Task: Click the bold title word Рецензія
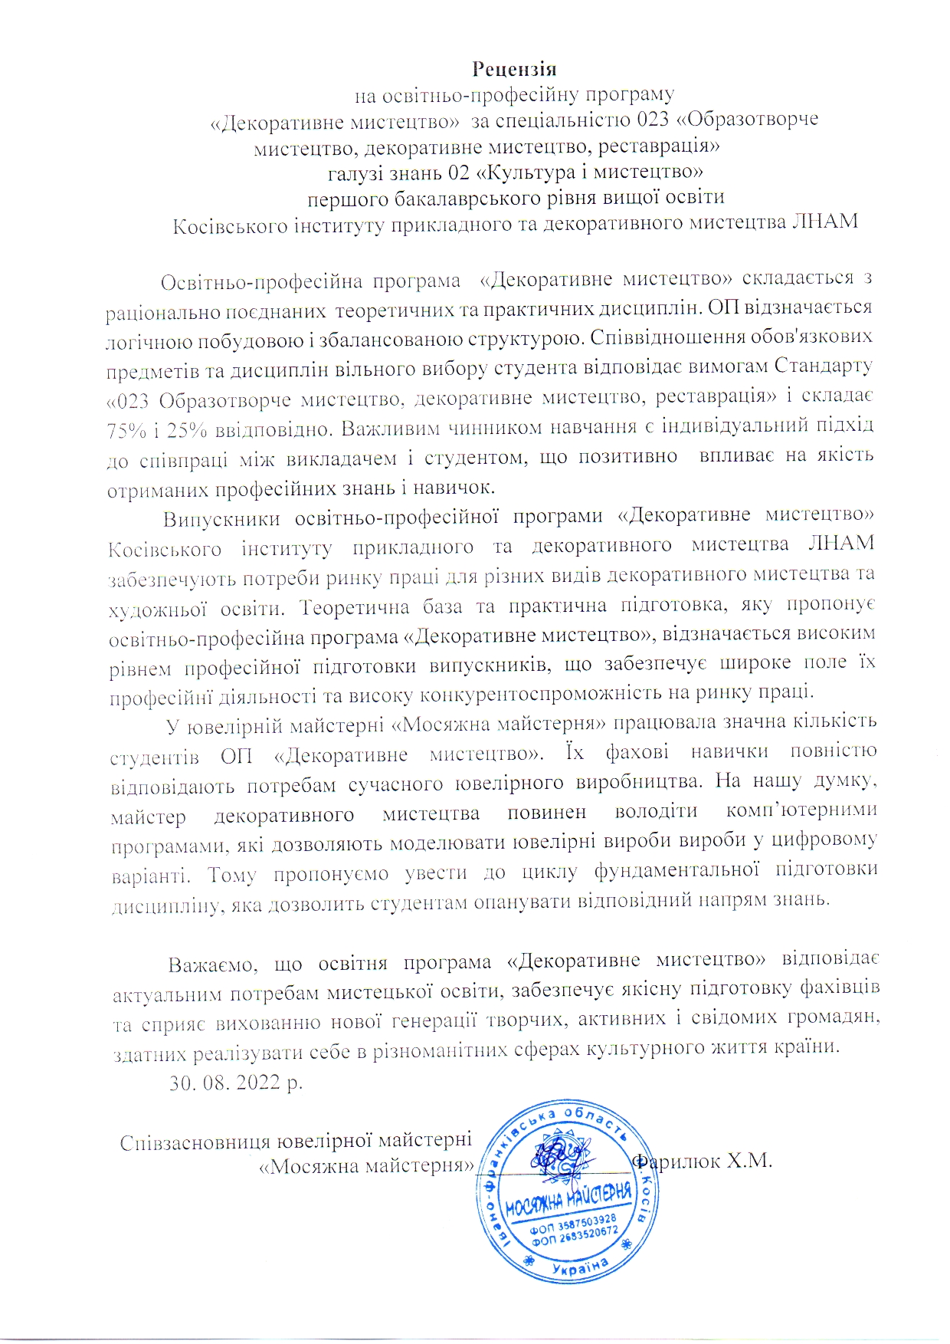click(x=514, y=69)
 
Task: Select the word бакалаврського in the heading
click(x=461, y=198)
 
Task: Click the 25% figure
click(x=187, y=430)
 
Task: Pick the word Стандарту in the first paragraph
click(x=823, y=366)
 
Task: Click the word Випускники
click(x=221, y=518)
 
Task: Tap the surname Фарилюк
click(x=675, y=1162)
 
